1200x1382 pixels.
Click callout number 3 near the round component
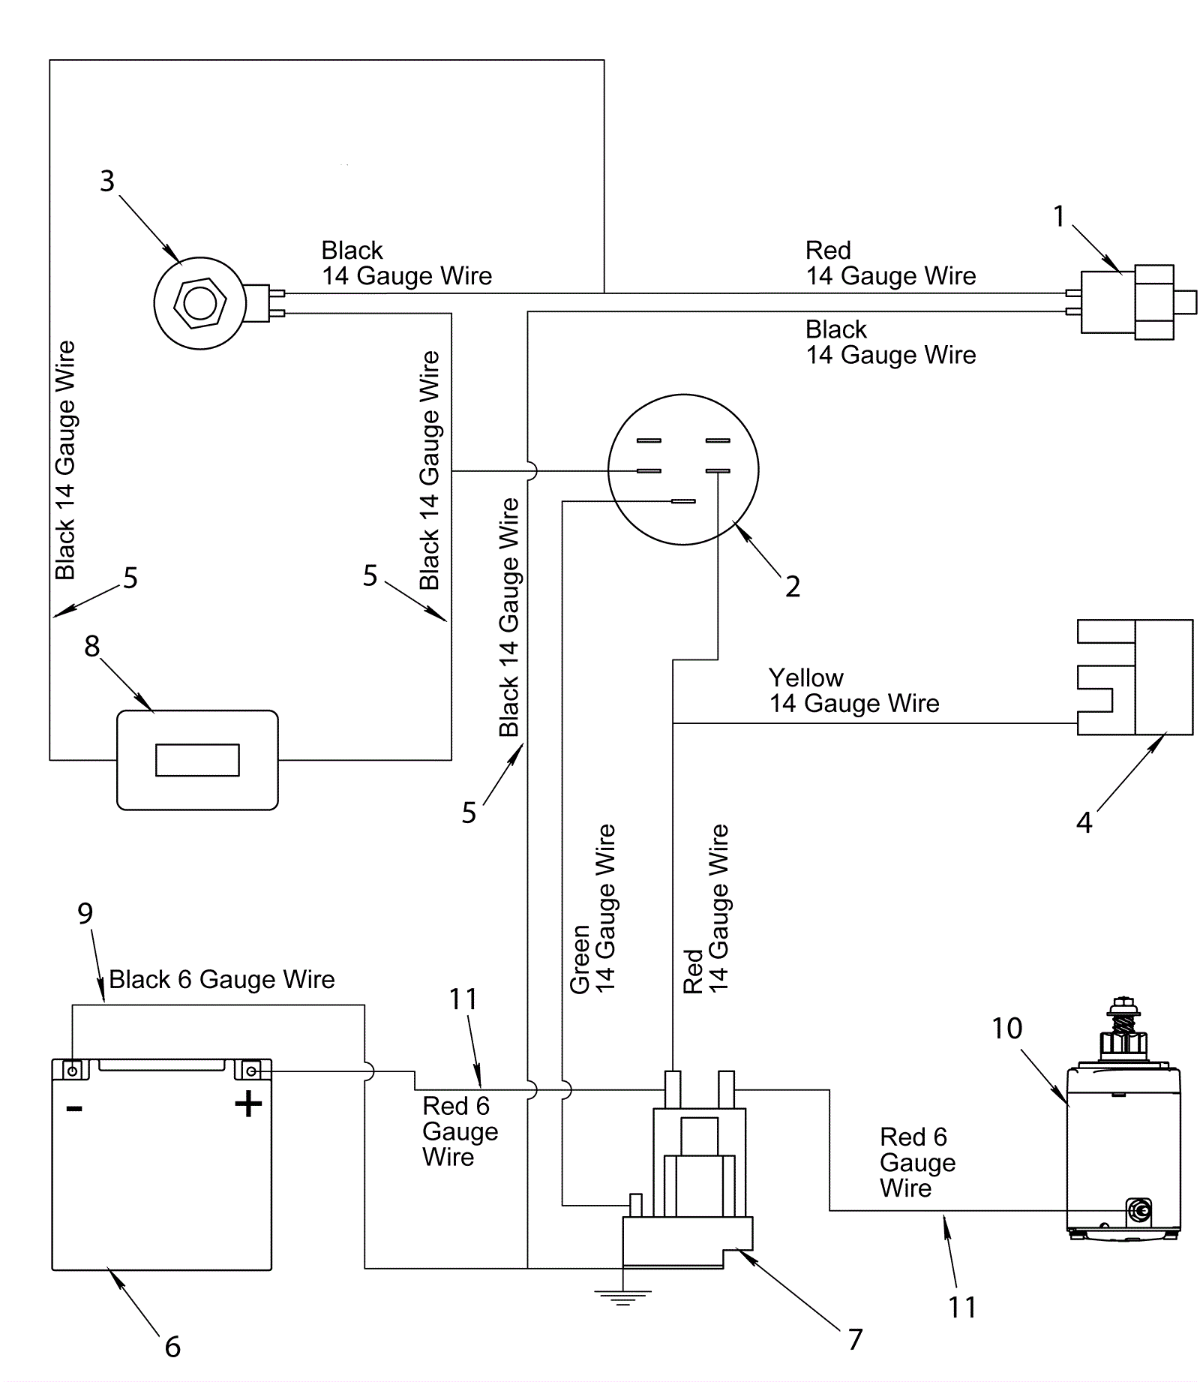pyautogui.click(x=107, y=181)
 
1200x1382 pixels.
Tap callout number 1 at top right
pyautogui.click(x=1059, y=217)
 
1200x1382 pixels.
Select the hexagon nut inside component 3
pyautogui.click(x=199, y=303)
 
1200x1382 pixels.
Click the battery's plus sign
pyautogui.click(x=248, y=1104)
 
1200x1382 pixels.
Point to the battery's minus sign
pyautogui.click(x=74, y=1108)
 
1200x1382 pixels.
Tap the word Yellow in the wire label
pyautogui.click(x=805, y=677)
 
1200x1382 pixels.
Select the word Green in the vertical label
pyautogui.click(x=580, y=960)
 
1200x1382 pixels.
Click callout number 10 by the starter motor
pyautogui.click(x=1006, y=1028)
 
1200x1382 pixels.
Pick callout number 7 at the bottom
pyautogui.click(x=855, y=1339)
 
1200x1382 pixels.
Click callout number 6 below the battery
pyautogui.click(x=172, y=1347)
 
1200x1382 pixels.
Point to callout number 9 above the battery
pyautogui.click(x=85, y=913)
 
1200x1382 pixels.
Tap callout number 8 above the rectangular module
pyautogui.click(x=91, y=646)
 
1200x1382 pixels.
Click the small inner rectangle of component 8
pyautogui.click(x=197, y=760)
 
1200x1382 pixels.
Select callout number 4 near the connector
pyautogui.click(x=1084, y=823)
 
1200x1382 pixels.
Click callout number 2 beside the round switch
pyautogui.click(x=793, y=586)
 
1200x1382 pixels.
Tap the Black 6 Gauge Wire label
pyautogui.click(x=222, y=979)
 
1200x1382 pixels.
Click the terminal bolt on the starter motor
pyautogui.click(x=1139, y=1210)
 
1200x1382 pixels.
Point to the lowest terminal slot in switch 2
pyautogui.click(x=683, y=501)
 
